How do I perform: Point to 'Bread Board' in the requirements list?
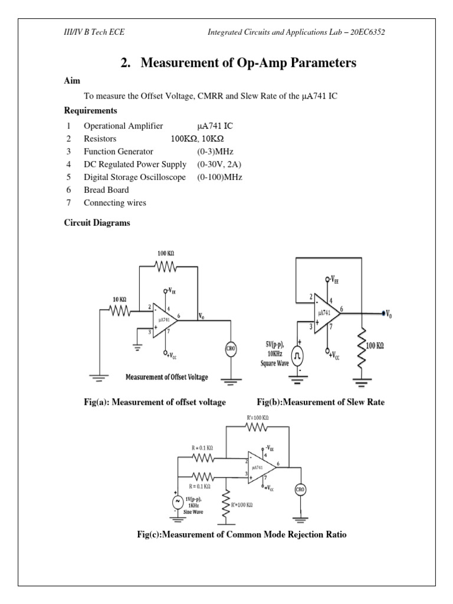tap(106, 190)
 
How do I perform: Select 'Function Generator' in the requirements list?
tap(119, 152)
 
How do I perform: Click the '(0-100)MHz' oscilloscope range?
tap(220, 177)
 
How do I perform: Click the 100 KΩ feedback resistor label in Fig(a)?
tap(166, 253)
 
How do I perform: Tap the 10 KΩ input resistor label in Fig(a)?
tap(120, 299)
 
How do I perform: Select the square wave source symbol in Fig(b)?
tap(298, 356)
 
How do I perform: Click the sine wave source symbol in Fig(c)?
tap(176, 501)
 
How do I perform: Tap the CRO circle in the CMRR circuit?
tap(300, 489)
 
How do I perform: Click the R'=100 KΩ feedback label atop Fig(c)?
tap(257, 418)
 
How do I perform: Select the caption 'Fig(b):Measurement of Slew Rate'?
tap(320, 402)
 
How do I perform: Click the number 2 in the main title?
tap(125, 63)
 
